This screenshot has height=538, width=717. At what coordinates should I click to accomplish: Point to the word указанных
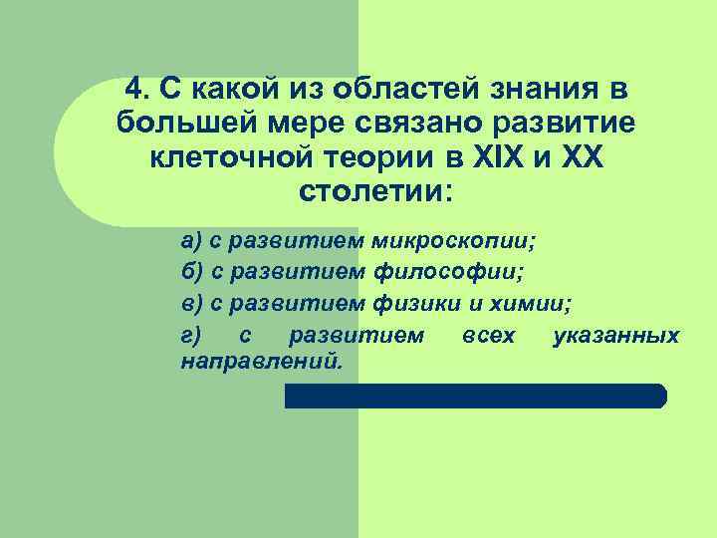(x=614, y=335)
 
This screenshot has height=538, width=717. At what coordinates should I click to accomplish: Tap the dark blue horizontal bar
(x=476, y=396)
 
